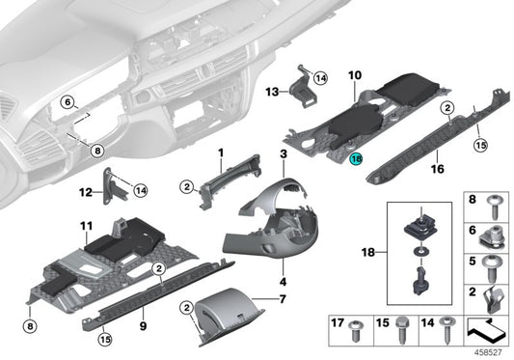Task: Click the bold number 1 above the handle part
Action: (x=220, y=152)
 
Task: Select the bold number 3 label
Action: (x=284, y=154)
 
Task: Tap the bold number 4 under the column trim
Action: (x=284, y=282)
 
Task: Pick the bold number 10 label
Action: (x=354, y=73)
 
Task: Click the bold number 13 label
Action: (x=271, y=92)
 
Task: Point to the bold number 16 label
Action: (x=435, y=168)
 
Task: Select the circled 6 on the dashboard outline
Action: (x=67, y=100)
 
